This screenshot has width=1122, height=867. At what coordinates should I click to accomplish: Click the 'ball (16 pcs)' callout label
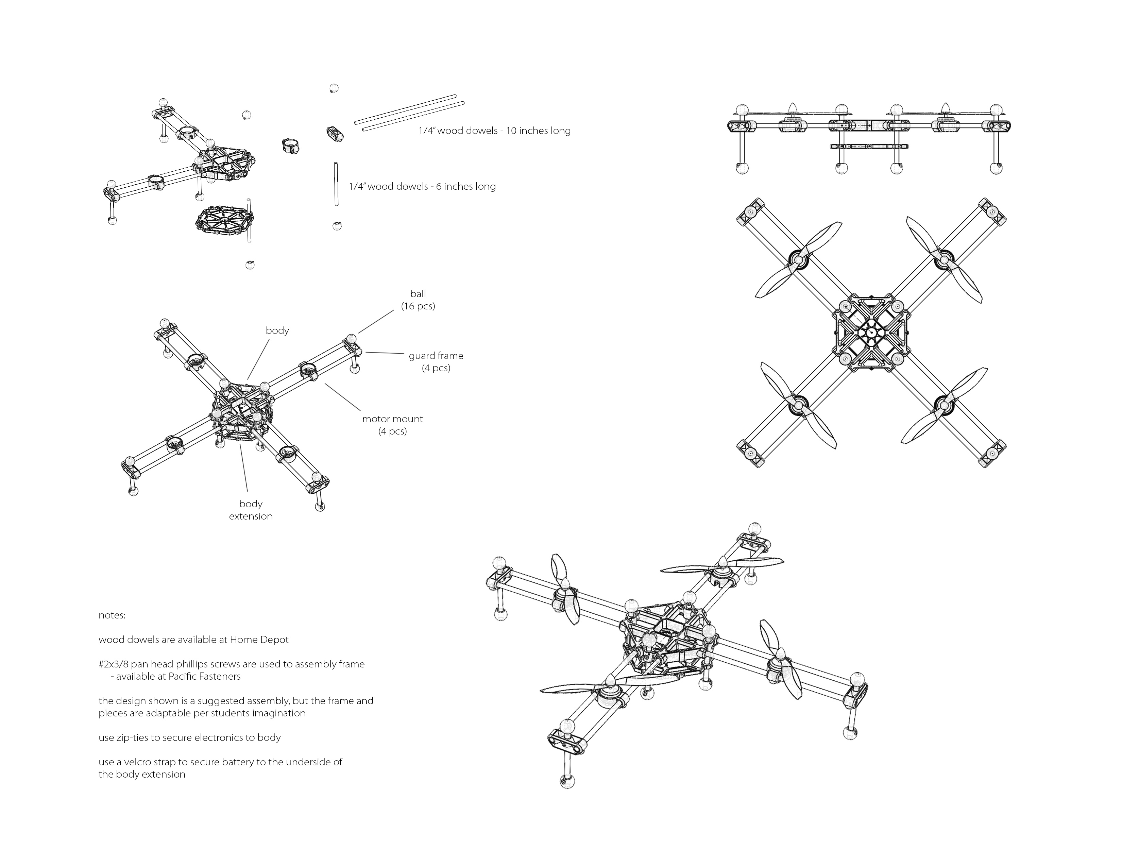click(x=418, y=300)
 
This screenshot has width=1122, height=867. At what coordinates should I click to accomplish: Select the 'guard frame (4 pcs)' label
click(x=436, y=362)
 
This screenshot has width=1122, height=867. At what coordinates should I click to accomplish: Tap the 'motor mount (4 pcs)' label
click(x=392, y=425)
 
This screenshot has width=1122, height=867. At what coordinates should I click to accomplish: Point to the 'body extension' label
click(x=251, y=510)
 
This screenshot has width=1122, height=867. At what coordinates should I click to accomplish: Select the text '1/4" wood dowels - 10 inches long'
click(x=494, y=131)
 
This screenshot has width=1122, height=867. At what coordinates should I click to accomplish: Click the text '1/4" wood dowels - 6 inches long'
click(x=422, y=186)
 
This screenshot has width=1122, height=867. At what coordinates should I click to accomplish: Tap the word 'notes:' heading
click(x=112, y=615)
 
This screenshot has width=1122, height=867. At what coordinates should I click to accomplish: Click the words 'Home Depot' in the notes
click(x=259, y=640)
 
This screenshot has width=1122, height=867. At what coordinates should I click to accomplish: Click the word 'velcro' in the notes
click(x=139, y=762)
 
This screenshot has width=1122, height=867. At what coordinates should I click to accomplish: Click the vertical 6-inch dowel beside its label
click(x=336, y=184)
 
